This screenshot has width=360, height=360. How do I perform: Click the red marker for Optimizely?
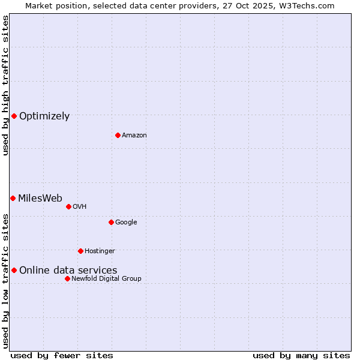coord(14,116)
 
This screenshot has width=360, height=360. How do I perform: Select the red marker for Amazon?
coord(118,135)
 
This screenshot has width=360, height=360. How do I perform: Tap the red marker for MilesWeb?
coord(13,198)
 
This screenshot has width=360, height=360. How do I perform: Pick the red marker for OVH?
coord(68,206)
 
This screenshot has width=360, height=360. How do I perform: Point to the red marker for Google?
coord(111,222)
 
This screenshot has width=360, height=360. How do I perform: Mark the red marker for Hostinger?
coord(80,251)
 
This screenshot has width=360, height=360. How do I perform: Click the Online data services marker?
coord(14,270)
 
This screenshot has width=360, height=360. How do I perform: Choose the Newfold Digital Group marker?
coord(67,278)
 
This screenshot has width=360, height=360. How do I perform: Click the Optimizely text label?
coord(44,116)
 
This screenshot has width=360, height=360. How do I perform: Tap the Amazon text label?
coord(134,135)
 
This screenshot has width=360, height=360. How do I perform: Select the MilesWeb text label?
coord(40,199)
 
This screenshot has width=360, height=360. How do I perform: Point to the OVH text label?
coord(80,206)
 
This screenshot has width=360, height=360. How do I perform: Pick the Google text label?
coord(126,222)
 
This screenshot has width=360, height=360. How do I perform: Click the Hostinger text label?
coord(100,251)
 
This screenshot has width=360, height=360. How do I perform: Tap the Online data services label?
coord(68,271)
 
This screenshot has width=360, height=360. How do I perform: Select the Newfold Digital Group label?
coord(106,278)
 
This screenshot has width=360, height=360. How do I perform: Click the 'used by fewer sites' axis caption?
coord(62,355)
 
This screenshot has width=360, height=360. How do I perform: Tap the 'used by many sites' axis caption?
coord(301,355)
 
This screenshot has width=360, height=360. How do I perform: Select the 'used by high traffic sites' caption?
coord(5,85)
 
